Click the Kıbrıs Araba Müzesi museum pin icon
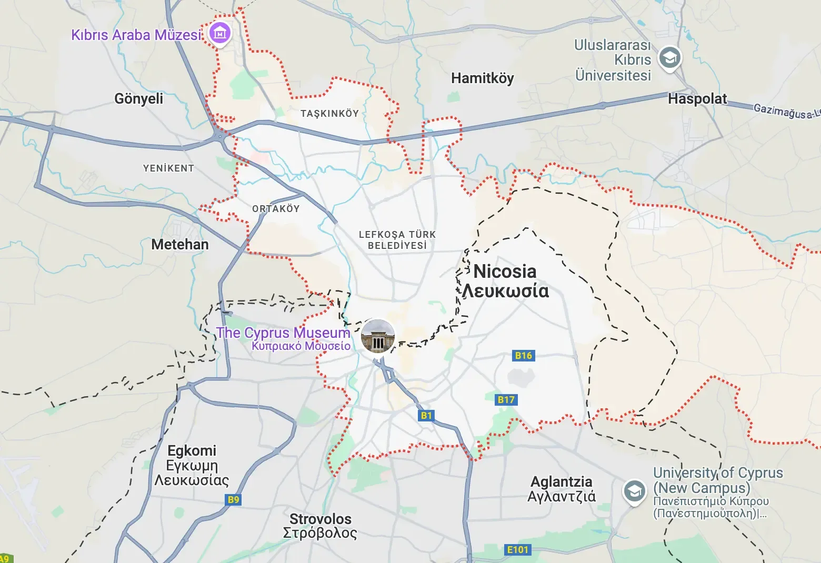point(220,33)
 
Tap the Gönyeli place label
point(139,98)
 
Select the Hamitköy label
point(482,78)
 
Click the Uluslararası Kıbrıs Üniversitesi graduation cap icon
point(670,58)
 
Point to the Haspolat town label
point(697,99)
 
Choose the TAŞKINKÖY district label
point(329,114)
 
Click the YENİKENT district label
point(168,168)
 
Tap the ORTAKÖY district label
point(276,209)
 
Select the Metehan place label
point(180,245)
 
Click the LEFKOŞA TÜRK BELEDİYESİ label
point(397,240)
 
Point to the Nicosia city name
point(505,272)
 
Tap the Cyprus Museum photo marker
point(377,336)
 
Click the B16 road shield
point(523,356)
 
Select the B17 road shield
point(506,400)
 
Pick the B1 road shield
point(426,416)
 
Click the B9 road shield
point(234,500)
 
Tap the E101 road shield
point(517,550)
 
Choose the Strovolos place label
point(321,519)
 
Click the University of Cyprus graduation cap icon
point(635,491)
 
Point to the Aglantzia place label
point(562,482)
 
